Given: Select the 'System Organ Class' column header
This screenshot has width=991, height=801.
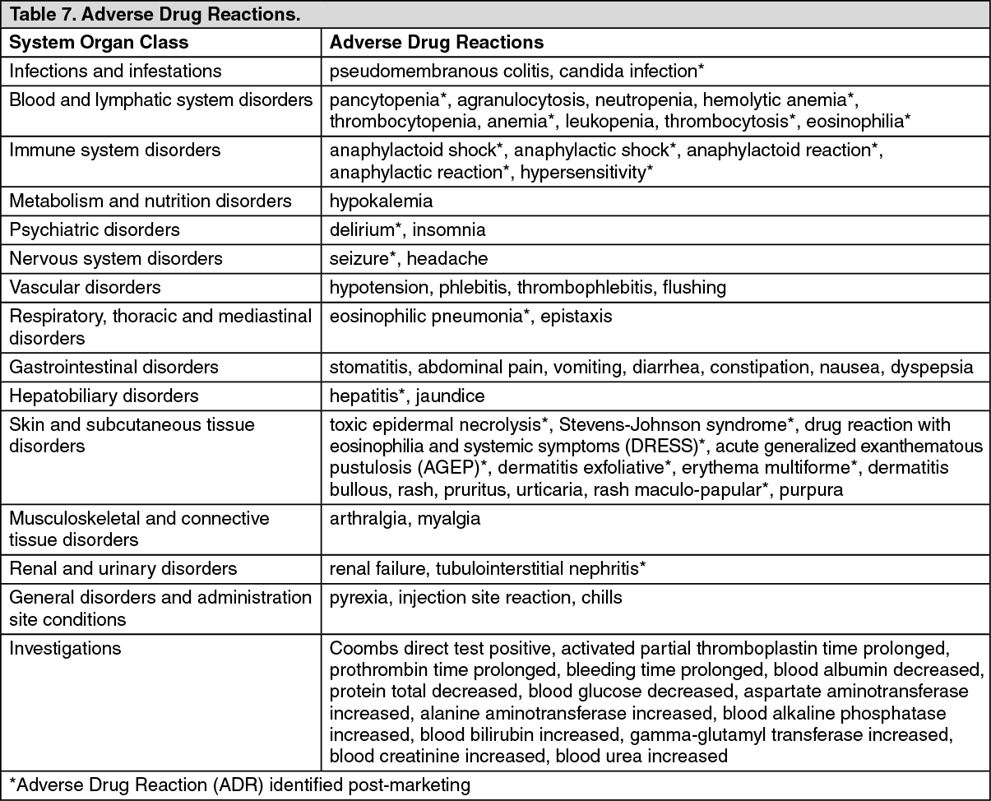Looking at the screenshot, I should click(99, 42).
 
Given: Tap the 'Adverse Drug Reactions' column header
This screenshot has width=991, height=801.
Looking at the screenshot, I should click(437, 42).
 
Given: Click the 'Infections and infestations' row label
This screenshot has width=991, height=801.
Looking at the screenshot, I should click(115, 71).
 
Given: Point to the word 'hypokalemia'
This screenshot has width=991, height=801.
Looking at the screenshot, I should click(381, 201).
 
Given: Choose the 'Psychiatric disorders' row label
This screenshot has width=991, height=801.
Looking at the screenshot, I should click(95, 229).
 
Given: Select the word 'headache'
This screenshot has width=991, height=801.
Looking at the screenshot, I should click(454, 258).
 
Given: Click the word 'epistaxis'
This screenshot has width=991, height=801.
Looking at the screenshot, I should click(577, 316).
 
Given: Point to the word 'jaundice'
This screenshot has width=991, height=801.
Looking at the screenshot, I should click(450, 396).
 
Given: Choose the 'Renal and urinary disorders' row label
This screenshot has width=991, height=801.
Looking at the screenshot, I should click(123, 568).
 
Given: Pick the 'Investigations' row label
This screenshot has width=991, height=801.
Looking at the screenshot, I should click(65, 648).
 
